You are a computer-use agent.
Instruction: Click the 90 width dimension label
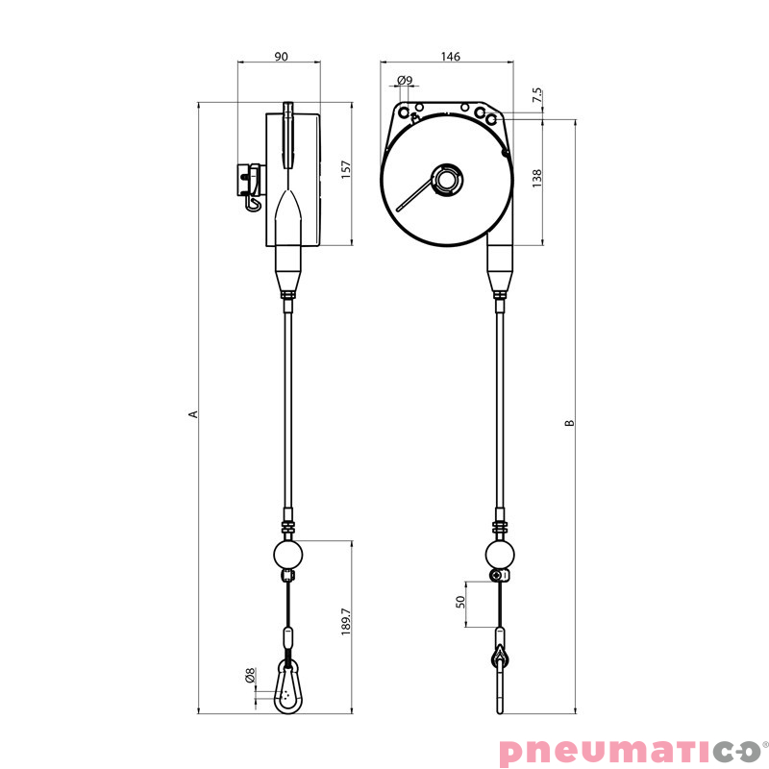point(281,57)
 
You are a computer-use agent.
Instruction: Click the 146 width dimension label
point(450,57)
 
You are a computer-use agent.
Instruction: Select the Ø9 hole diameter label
point(405,80)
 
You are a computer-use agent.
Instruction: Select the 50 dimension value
point(460,602)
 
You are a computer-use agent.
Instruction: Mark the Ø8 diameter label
point(249,676)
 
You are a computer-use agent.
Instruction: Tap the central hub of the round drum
point(447,179)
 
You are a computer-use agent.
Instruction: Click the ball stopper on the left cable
point(287,555)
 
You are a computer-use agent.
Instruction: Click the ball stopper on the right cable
point(499,555)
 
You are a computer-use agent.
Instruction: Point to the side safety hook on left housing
point(252,186)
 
